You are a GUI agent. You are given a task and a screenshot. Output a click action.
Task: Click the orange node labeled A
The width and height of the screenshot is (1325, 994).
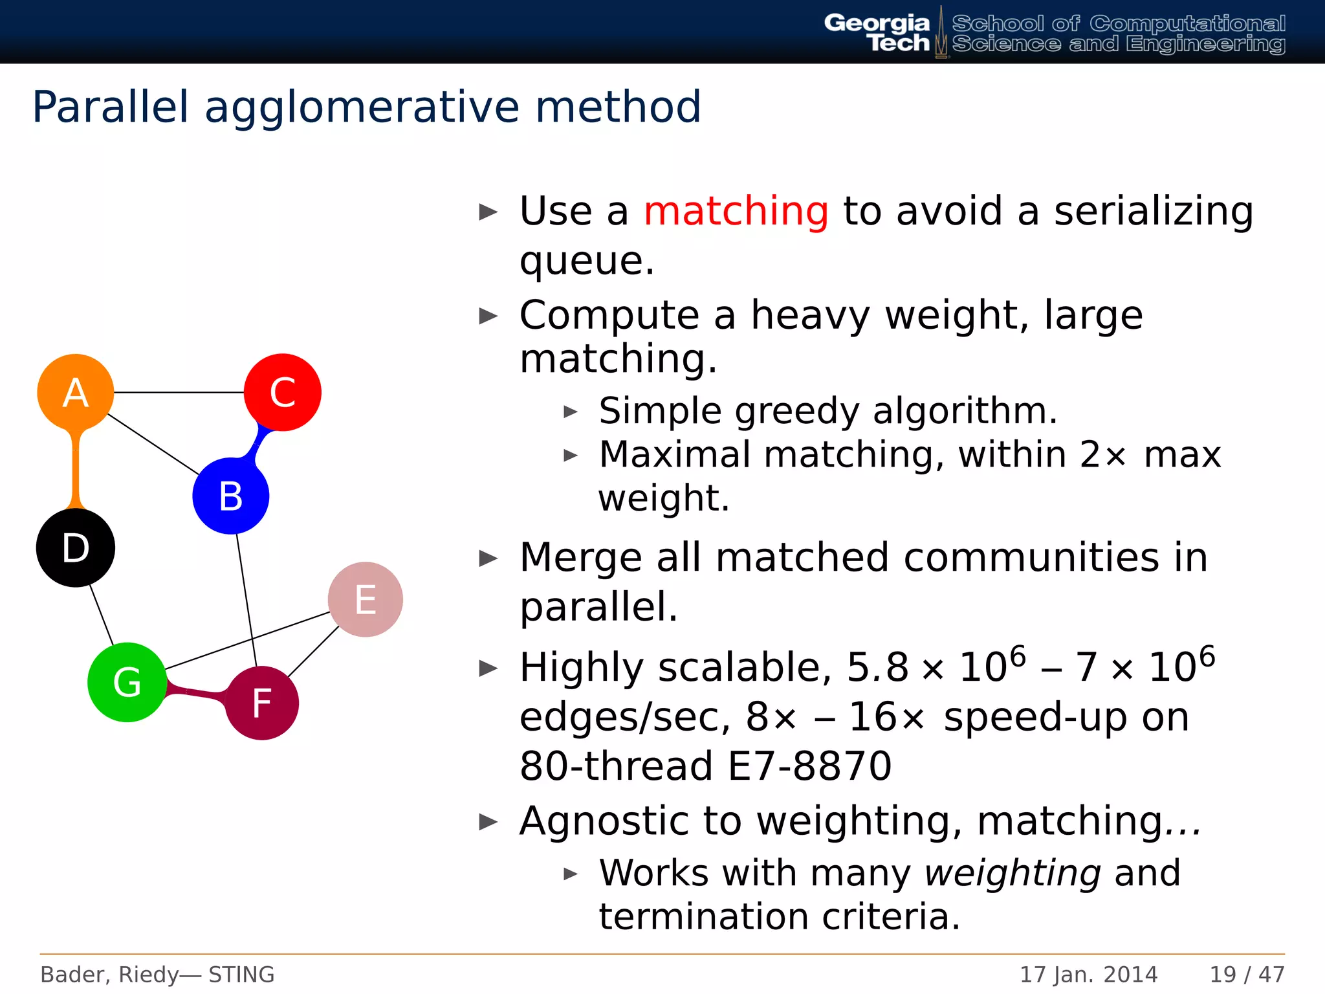pos(76,392)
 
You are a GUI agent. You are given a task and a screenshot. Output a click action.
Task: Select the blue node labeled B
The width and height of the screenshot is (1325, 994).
pos(231,496)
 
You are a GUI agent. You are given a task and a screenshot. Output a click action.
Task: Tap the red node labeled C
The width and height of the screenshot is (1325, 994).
pos(283,392)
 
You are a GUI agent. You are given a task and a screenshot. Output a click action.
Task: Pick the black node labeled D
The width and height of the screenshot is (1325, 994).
pos(76,547)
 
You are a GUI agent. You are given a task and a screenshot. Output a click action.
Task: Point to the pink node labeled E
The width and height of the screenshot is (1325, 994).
pos(366,599)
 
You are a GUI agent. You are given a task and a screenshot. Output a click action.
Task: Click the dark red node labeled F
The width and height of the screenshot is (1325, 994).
pos(262,703)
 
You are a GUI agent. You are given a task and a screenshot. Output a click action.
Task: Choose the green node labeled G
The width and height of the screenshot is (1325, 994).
pos(127,682)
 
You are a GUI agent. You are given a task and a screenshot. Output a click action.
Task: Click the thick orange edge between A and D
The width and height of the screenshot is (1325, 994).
pos(76,471)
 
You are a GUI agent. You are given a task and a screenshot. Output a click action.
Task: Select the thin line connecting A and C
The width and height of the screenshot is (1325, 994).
pos(179,392)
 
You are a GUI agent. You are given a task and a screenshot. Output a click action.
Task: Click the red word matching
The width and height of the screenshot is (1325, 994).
pos(736,211)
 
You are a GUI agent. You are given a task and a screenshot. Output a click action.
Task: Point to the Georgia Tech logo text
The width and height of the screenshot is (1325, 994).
pos(877,32)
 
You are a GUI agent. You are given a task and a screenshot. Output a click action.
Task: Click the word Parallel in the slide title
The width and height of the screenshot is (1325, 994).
pos(111,107)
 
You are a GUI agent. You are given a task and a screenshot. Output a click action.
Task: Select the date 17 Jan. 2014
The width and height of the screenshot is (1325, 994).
pos(1088,974)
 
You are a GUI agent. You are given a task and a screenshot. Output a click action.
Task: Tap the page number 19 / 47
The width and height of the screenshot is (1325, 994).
pos(1247,974)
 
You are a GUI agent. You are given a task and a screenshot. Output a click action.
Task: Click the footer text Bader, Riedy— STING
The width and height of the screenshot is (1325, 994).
pos(157,974)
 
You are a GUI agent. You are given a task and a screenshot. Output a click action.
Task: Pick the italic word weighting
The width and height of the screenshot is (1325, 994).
pos(1013,873)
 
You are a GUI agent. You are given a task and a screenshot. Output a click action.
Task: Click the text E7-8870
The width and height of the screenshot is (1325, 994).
pos(809,766)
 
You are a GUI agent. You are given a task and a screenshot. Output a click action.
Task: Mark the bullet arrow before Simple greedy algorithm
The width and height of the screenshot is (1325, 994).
pos(570,412)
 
